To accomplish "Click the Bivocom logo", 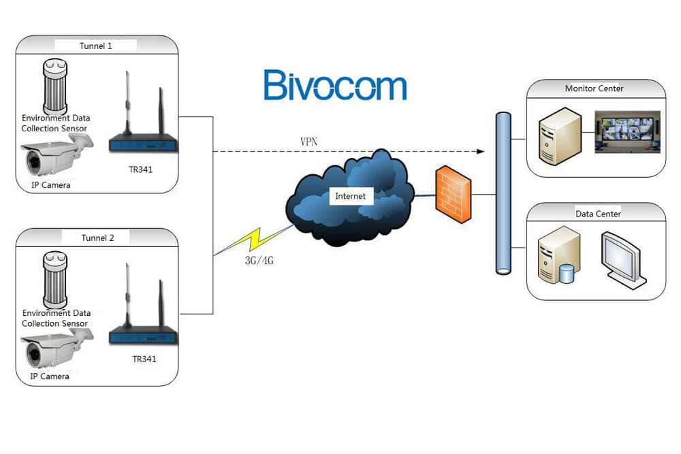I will (x=334, y=85).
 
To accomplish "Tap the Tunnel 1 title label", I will (x=97, y=46).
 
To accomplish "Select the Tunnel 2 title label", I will (x=97, y=238).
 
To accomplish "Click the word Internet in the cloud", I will (x=350, y=196).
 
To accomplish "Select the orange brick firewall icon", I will (x=454, y=195).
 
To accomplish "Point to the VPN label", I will (x=308, y=142).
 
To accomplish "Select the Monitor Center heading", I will (x=594, y=88).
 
